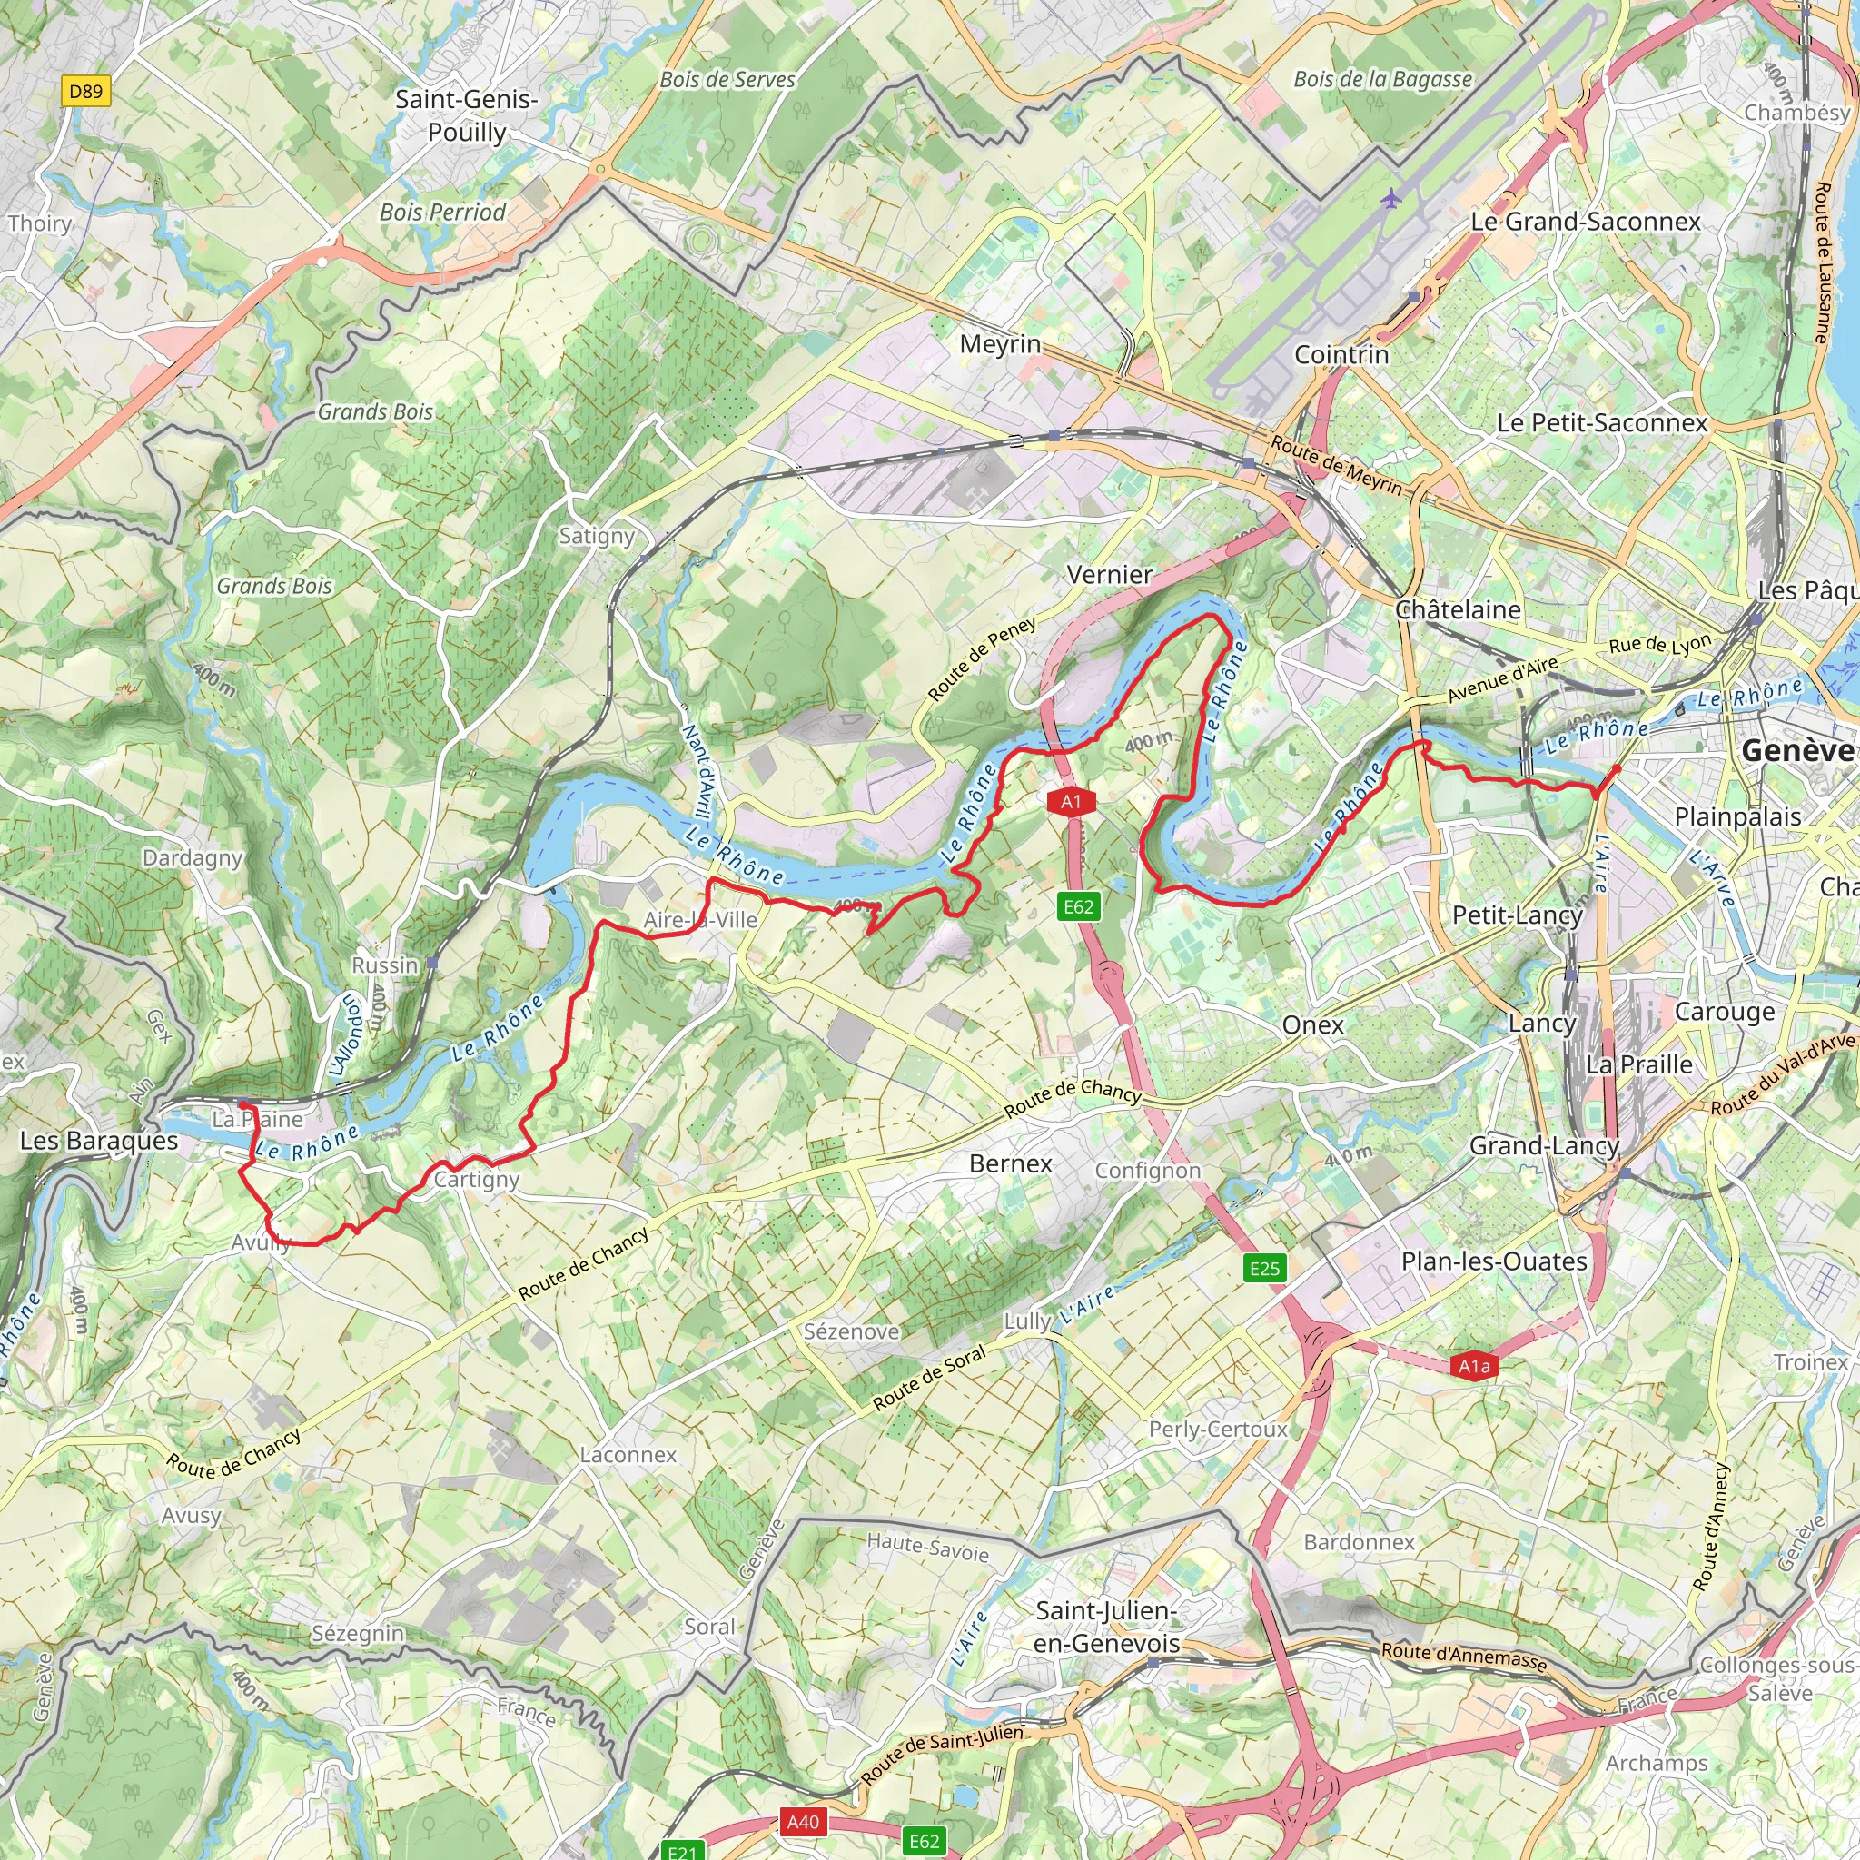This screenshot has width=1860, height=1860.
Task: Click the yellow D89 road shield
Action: coord(84,92)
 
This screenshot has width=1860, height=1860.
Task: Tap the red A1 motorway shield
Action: coord(1072,801)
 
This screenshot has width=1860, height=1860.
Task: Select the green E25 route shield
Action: coord(1264,1268)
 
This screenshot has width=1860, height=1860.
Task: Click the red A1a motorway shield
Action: coord(1474,1365)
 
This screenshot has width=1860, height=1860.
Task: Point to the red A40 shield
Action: coord(803,1822)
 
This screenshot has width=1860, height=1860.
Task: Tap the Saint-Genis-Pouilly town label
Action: coord(467,115)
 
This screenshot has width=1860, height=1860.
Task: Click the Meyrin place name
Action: coord(1000,343)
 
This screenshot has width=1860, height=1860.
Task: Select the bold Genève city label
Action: coord(1796,750)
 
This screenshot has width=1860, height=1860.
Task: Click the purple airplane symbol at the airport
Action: coord(1390,199)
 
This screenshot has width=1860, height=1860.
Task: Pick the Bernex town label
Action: coord(1011,1163)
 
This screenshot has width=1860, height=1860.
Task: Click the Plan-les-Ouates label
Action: coord(1493,1261)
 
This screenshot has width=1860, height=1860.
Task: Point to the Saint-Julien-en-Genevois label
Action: coord(1106,1627)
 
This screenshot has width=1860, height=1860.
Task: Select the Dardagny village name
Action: coord(193,856)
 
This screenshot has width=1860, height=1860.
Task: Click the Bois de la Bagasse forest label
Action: coord(1382,79)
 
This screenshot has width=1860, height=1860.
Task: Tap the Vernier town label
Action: coord(1109,575)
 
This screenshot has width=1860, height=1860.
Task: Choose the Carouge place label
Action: coord(1725,1011)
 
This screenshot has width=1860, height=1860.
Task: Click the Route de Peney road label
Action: coord(982,658)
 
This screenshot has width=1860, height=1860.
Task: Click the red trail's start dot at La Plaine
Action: coord(243,1105)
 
